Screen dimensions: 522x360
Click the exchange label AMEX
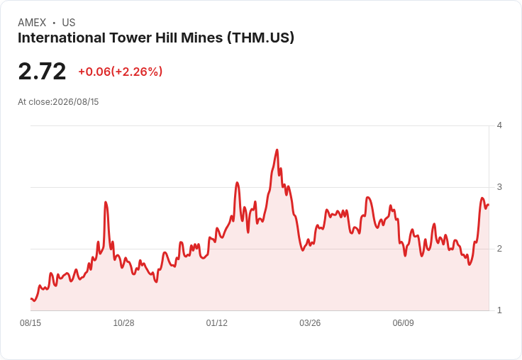(x=32, y=23)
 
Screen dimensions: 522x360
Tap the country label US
(x=69, y=23)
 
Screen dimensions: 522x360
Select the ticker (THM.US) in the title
(x=261, y=38)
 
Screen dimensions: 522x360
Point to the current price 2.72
(x=42, y=71)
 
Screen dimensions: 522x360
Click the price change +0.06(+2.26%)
(x=120, y=72)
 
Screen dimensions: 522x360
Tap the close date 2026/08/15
(x=76, y=102)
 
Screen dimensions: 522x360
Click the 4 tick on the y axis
(x=499, y=125)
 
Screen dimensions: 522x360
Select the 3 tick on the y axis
(x=499, y=187)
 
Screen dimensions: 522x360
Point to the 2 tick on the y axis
(x=499, y=249)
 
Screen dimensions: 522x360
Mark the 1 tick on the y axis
(x=499, y=310)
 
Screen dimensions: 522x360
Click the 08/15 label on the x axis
(x=30, y=322)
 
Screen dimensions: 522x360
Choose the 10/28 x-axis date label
(x=124, y=322)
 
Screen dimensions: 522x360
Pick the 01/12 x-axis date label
(x=217, y=322)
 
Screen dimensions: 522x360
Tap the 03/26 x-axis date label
(x=310, y=322)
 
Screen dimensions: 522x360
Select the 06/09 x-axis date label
(x=403, y=322)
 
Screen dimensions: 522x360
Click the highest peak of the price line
(x=277, y=150)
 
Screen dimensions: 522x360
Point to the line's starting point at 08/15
(x=31, y=299)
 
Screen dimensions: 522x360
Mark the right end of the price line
(x=489, y=205)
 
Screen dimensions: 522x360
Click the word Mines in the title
(x=201, y=38)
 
